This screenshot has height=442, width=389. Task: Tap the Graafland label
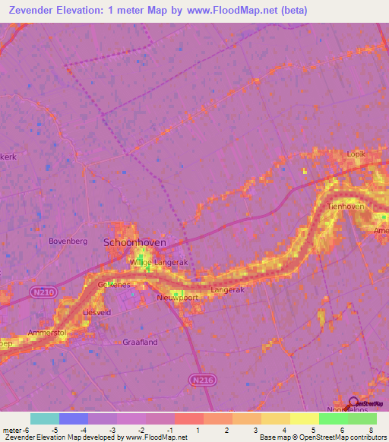pyautogui.click(x=140, y=342)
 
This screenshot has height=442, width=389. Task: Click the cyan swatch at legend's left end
pyautogui.click(x=45, y=418)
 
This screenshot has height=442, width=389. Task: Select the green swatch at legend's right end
pyautogui.click(x=362, y=418)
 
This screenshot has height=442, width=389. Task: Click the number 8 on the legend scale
pyautogui.click(x=371, y=430)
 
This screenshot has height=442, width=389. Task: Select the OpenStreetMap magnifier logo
pyautogui.click(x=353, y=403)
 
